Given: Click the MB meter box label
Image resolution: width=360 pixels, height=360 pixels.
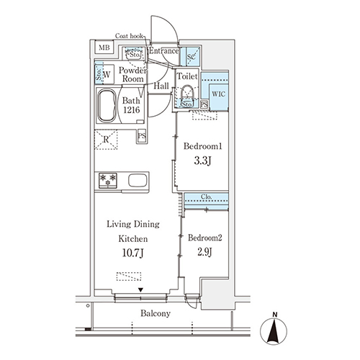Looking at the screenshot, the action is pos(104,48).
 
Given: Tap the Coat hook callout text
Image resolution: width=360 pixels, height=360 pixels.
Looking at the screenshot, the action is pos(129,36).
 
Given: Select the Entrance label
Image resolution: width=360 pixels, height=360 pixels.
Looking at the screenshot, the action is pos(163,51).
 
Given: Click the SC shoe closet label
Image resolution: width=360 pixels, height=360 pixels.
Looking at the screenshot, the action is pos(192,57).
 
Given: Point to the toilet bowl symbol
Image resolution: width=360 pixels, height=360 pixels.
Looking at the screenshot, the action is pos(187,91).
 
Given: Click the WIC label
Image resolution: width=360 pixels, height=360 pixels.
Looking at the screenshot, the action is pos(219,94).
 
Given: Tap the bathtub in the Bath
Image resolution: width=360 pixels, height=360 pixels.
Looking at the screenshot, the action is pos(107,106).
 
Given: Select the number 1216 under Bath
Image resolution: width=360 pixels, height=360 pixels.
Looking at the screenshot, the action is pos(132,110).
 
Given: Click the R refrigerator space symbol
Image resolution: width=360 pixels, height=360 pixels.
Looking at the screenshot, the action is pos(106,140).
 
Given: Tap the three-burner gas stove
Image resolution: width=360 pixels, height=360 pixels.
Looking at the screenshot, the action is pos(108,181).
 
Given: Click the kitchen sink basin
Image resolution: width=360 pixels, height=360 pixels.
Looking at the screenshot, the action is pos(138,181).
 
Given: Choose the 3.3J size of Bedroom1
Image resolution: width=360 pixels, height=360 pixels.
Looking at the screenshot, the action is pos(202,161).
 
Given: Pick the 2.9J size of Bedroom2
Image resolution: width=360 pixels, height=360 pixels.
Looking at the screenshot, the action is pos(204,252).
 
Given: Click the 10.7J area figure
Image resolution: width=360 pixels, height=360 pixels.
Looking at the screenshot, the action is pos(133,253).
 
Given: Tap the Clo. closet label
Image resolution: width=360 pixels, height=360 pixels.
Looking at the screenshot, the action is pos(207,197).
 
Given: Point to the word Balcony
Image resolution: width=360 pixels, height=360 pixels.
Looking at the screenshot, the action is pos(156,313).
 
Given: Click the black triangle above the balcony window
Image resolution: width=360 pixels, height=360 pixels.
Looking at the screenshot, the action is pos(140,290).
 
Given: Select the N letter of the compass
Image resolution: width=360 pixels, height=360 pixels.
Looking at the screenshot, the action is pos(275,315).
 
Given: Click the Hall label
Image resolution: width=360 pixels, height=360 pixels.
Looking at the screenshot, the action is pos(161,86).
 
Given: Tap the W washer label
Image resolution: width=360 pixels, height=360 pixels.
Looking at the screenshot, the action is pos(107,74).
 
